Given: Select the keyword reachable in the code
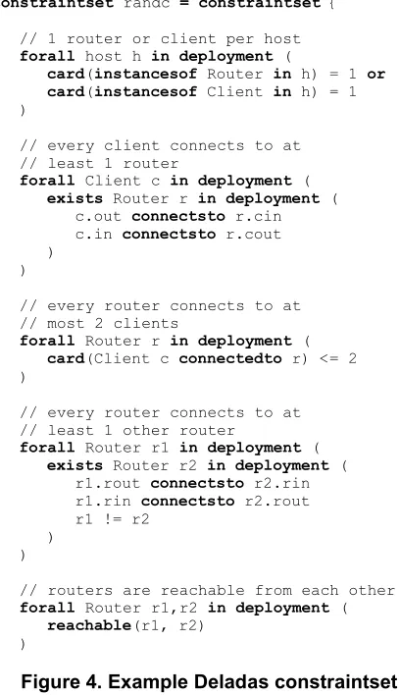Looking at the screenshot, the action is [89, 625].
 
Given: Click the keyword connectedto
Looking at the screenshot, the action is [230, 358].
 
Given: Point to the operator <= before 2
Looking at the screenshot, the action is [328, 358].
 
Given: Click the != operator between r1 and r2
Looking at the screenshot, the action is [113, 518].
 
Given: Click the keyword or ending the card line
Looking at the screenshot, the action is [376, 74].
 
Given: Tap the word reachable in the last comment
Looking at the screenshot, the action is [202, 590].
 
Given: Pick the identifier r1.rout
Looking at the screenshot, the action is [108, 483].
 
